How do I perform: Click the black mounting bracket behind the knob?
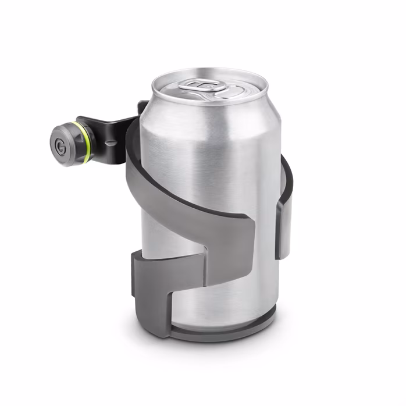(x=111, y=131)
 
